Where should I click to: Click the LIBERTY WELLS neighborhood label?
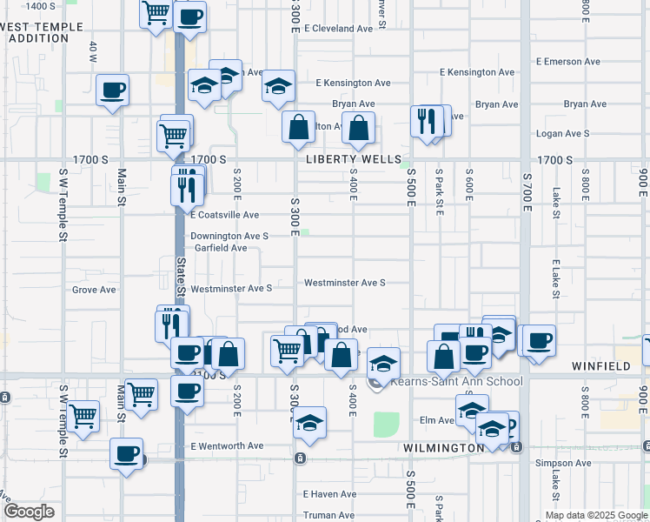click(x=353, y=160)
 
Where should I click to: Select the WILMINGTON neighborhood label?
click(x=443, y=447)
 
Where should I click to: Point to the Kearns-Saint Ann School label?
click(x=456, y=381)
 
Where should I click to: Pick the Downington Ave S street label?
click(x=229, y=236)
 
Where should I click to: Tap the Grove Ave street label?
click(x=94, y=290)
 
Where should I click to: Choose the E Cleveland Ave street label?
click(x=343, y=29)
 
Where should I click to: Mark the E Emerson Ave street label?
click(x=568, y=62)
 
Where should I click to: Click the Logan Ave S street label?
click(x=563, y=134)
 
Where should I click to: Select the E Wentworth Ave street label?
click(x=226, y=446)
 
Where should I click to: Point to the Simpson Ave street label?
click(x=562, y=463)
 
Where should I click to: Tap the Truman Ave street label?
click(x=329, y=515)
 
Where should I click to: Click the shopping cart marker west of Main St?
click(x=83, y=416)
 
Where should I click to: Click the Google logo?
click(x=29, y=512)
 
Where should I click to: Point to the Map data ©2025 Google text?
click(x=596, y=514)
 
